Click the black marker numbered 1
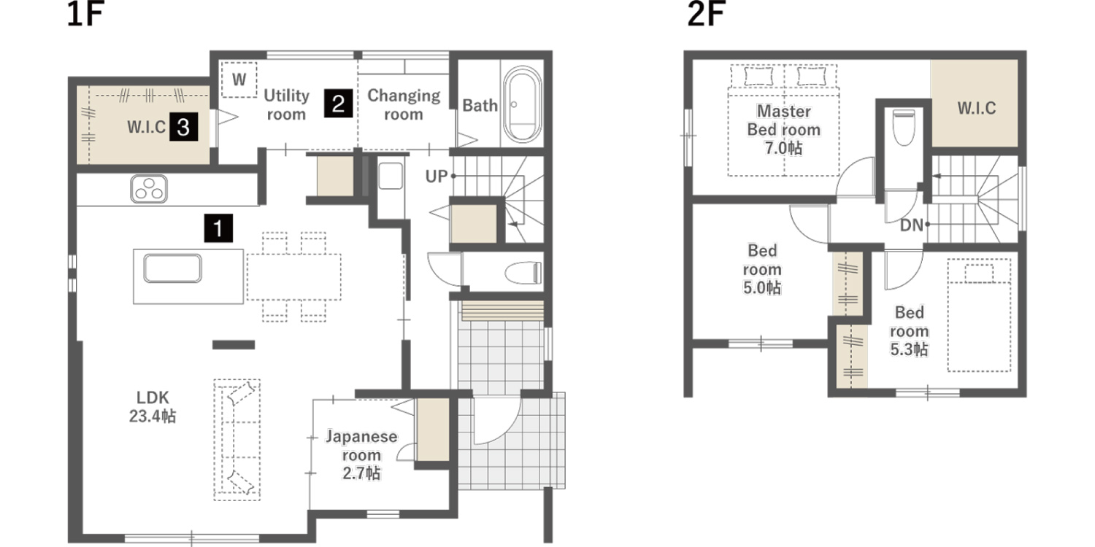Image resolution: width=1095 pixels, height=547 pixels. point(218,228)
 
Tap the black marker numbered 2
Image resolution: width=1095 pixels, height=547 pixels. point(338,103)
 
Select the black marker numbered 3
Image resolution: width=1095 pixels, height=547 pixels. point(184,127)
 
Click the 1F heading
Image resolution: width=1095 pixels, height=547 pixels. point(85,14)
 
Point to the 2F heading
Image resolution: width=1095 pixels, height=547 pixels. point(706,14)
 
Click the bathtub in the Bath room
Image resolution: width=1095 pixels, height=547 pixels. point(523,104)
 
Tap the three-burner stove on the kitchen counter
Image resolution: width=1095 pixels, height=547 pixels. point(149,189)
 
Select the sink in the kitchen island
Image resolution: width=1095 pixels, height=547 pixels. point(172,268)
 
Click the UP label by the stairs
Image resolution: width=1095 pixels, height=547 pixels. point(436,176)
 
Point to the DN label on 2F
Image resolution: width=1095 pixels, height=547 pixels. point(912,225)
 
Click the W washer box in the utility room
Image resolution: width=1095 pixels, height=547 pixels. point(239,79)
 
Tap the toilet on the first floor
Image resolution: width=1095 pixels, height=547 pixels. point(523,273)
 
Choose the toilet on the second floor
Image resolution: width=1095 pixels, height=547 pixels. point(904,126)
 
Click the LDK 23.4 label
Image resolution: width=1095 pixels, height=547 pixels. point(153,407)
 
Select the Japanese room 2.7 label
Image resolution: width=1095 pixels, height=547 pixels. point(361,454)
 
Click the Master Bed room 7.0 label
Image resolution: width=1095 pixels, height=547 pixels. point(783,129)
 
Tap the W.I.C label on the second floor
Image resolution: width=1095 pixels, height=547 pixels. point(977,108)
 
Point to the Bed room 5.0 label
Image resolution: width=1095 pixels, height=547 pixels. point(762,269)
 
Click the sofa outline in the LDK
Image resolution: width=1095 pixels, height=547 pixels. point(237,440)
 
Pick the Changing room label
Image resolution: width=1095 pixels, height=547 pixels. point(404,104)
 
